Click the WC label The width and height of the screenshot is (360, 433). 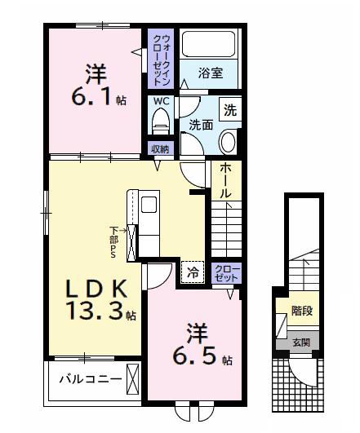tap(160, 101)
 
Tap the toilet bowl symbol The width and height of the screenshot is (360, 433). tap(160, 122)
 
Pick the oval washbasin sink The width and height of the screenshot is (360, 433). tap(228, 141)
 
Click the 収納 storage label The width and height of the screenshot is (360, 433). tap(159, 148)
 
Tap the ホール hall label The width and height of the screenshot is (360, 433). tap(225, 180)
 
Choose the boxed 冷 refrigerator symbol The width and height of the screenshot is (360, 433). tap(193, 272)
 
